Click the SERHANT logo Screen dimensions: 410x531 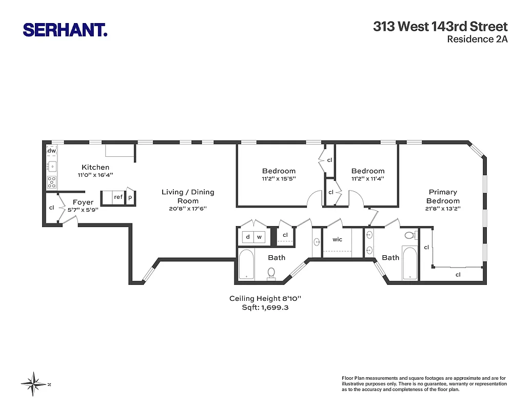65,29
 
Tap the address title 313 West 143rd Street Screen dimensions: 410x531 440,27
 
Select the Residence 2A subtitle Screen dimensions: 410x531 477,39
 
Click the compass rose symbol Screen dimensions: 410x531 34,384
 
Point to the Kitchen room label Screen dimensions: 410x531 95,167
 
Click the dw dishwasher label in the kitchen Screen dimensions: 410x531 52,151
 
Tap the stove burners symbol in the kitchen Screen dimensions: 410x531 52,181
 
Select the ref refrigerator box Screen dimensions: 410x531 119,197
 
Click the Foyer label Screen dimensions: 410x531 83,202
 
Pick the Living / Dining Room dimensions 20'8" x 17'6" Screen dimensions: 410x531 188,209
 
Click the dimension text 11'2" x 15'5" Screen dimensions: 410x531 279,179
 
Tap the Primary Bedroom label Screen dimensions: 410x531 443,196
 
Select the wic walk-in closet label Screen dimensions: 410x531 337,239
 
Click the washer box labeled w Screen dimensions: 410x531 260,237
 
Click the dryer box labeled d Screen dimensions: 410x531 248,237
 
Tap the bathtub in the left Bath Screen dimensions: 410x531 247,264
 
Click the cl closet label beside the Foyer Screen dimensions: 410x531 51,208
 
